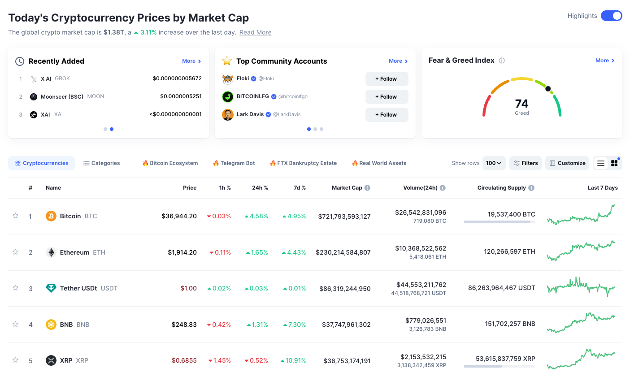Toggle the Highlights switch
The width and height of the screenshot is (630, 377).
(x=611, y=16)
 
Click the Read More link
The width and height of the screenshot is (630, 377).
(x=255, y=32)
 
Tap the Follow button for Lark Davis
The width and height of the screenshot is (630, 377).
(x=387, y=115)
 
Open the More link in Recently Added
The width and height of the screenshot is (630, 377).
(x=191, y=61)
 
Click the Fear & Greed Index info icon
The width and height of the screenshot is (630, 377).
(x=502, y=61)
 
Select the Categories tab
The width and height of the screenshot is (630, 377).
(x=102, y=163)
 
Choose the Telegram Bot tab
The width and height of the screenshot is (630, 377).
(x=234, y=163)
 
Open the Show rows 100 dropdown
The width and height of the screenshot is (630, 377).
(x=494, y=163)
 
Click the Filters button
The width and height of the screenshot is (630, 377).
(x=526, y=163)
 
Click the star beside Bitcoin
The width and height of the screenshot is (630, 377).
(x=15, y=216)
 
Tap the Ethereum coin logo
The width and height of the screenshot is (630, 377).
(x=51, y=252)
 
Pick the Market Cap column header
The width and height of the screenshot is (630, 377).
(x=347, y=188)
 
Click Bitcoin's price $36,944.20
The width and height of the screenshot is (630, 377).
(x=179, y=216)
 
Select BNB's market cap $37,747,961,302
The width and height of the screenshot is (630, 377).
(x=346, y=325)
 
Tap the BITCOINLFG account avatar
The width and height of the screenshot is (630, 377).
(x=228, y=96)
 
